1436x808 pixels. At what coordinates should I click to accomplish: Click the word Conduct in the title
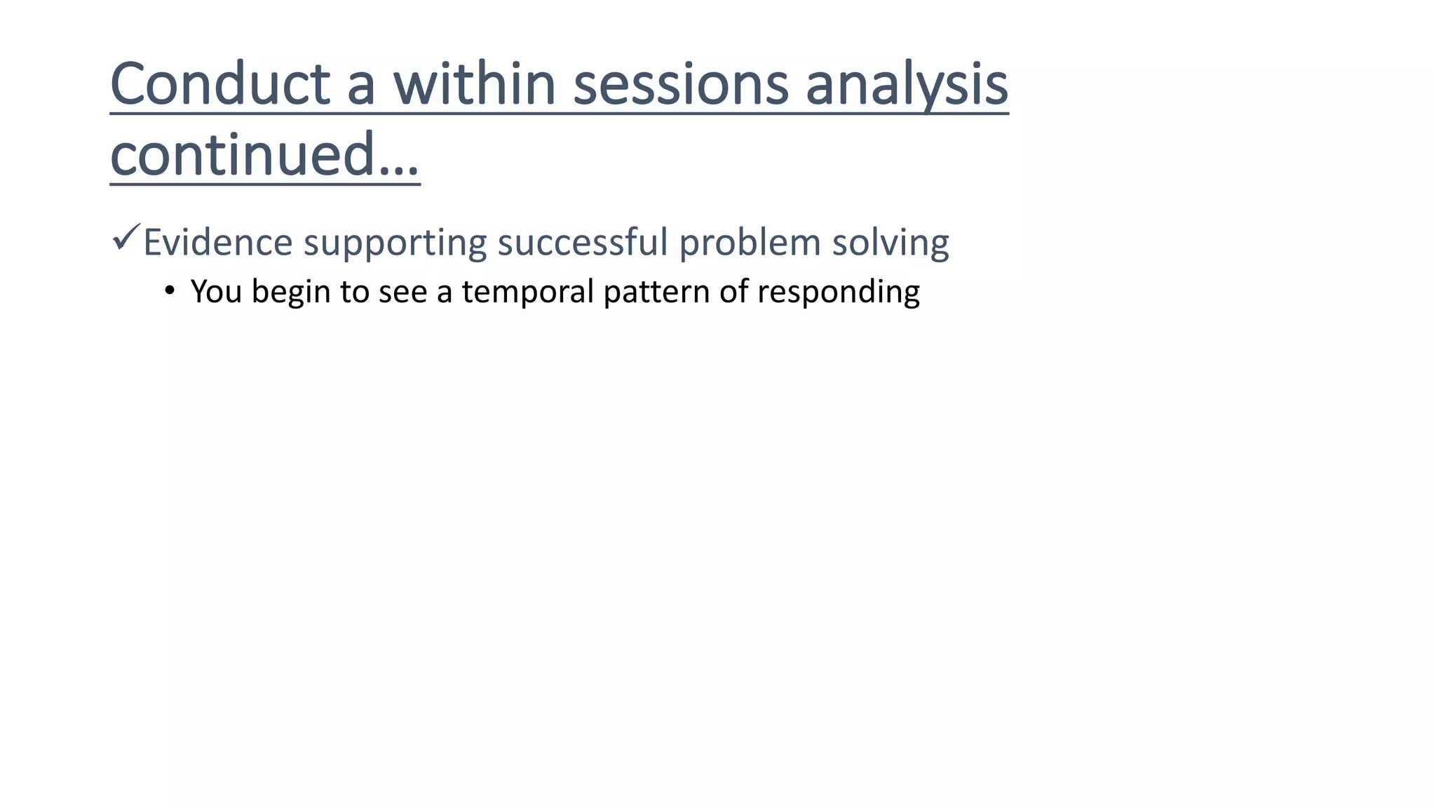(x=219, y=84)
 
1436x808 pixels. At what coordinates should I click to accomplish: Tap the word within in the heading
(x=475, y=84)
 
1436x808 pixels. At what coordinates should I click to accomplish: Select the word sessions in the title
(x=681, y=84)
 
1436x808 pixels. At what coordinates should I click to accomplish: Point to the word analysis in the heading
(x=906, y=84)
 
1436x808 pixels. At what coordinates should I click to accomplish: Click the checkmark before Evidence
(x=126, y=238)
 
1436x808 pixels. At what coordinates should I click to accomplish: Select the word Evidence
(x=217, y=243)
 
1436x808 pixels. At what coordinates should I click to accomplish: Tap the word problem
(x=750, y=243)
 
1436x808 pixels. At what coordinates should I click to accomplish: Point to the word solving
(x=890, y=243)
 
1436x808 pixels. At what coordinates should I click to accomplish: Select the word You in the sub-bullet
(x=216, y=292)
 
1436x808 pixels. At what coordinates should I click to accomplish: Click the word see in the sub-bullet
(x=402, y=292)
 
